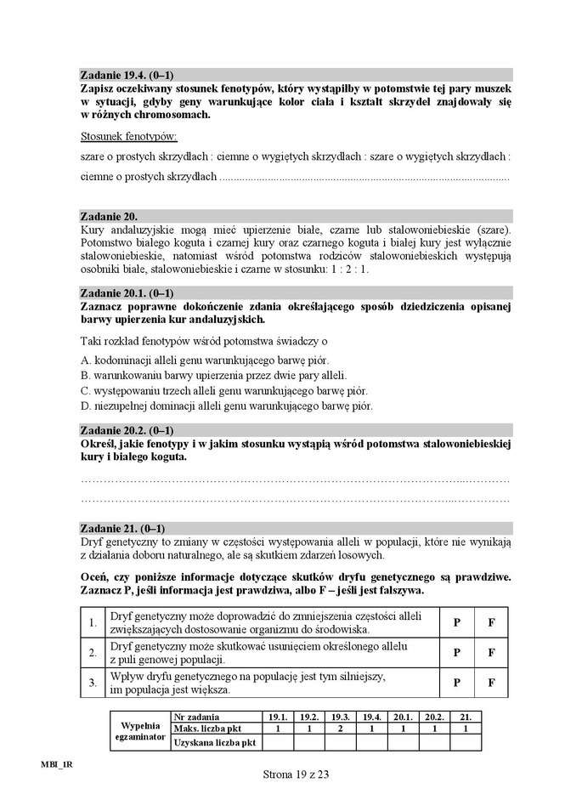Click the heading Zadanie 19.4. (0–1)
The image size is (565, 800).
pos(127,75)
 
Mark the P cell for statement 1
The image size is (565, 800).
pos(456,622)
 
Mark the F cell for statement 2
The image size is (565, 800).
pos(491,653)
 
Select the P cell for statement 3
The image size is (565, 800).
pos(456,682)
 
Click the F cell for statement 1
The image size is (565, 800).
pos(491,622)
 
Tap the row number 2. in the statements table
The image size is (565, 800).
pos(92,653)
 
